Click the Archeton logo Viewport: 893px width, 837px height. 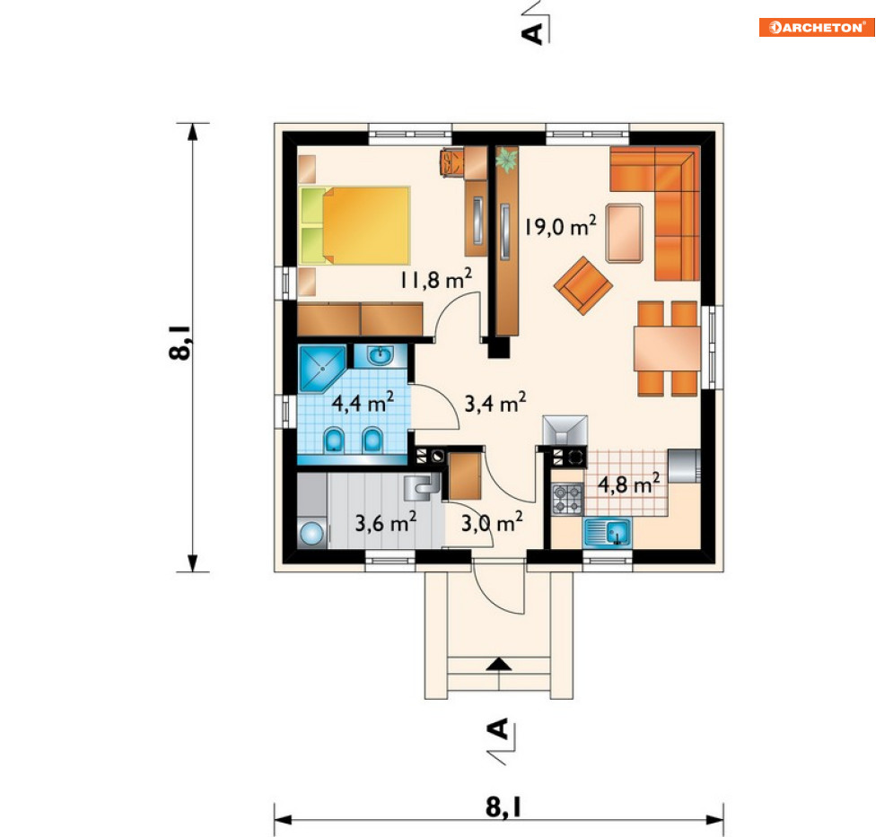(817, 27)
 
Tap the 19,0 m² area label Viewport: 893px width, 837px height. (560, 226)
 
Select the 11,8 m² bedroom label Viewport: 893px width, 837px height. (435, 279)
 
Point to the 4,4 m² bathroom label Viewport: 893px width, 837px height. (363, 403)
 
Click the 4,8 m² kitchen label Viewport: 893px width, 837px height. (629, 484)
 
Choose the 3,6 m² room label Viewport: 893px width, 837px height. (386, 521)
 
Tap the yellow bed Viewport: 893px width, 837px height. (355, 225)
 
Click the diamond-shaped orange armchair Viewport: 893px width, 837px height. (583, 285)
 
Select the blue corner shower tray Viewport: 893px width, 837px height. (322, 369)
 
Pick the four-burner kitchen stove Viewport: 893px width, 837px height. (567, 499)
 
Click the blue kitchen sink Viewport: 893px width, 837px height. (607, 533)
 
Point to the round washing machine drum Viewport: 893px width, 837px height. (311, 535)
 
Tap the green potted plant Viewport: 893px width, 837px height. (506, 160)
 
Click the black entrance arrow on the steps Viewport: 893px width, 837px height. (499, 664)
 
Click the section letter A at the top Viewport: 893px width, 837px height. (532, 33)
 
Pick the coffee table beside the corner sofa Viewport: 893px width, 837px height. (625, 233)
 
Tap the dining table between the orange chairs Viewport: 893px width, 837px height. (668, 348)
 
